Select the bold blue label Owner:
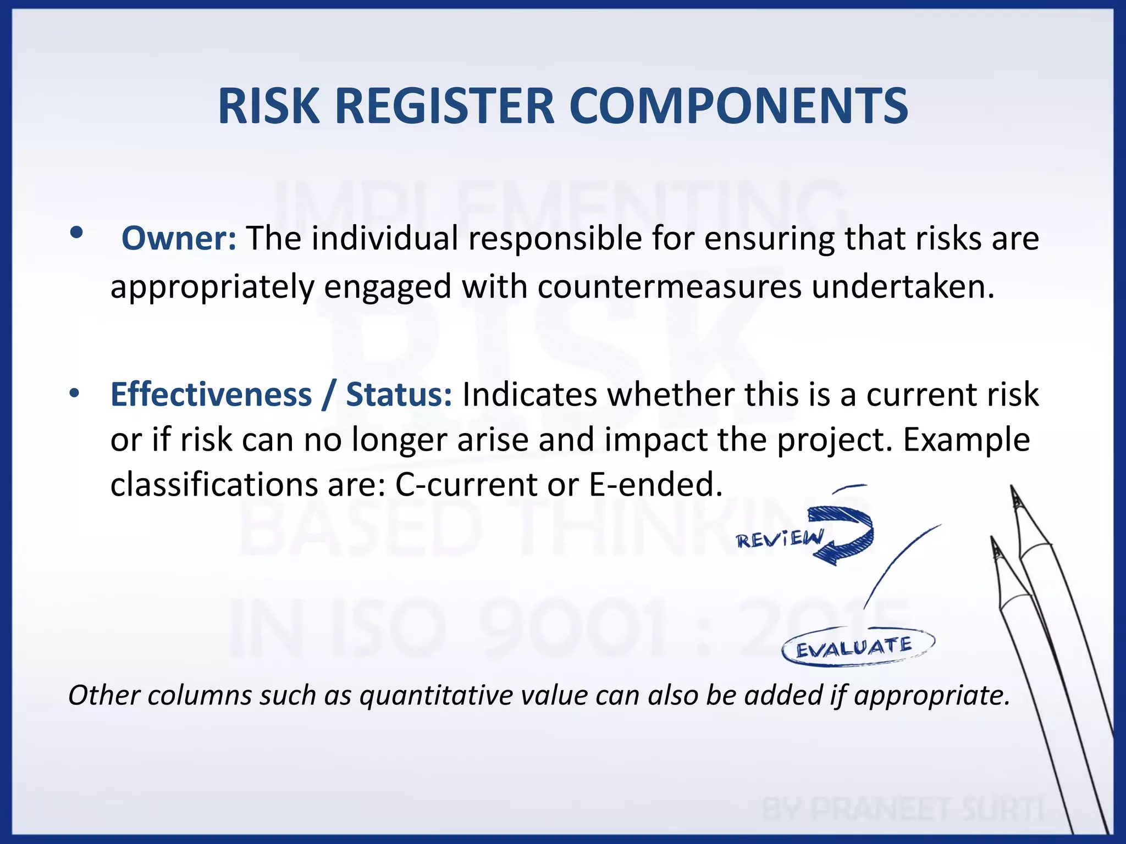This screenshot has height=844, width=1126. (x=179, y=238)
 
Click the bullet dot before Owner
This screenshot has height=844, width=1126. (x=76, y=234)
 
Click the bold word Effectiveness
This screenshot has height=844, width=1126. (x=211, y=395)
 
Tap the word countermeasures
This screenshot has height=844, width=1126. (x=669, y=287)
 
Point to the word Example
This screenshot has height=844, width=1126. (x=966, y=440)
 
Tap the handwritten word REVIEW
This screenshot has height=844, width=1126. (x=780, y=540)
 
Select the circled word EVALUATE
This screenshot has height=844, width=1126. (x=855, y=647)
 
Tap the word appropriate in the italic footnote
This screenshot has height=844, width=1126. (x=931, y=695)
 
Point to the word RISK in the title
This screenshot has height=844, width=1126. (x=268, y=106)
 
